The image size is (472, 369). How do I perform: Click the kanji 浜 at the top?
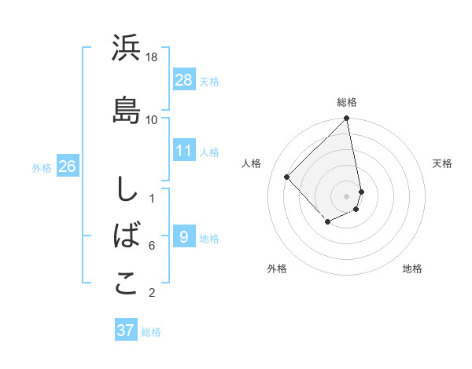coord(126,49)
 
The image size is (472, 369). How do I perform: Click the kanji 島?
coord(126,109)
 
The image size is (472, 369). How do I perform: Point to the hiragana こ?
coord(126,284)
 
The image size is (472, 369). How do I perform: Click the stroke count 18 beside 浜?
coord(153,57)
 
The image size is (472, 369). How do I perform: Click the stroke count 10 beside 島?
coord(153,119)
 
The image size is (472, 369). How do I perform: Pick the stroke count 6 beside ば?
coord(152,246)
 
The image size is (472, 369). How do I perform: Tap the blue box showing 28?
coord(183,79)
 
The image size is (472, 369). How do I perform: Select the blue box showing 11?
coord(183,150)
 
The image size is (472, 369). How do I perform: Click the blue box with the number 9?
coord(183,236)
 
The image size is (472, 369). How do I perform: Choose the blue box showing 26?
coord(67,166)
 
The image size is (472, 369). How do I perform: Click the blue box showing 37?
coord(126,330)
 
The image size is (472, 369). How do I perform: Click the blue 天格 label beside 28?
coord(209,81)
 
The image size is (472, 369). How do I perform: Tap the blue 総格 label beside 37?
coord(151,332)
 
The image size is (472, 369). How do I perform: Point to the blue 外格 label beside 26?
coord(42,168)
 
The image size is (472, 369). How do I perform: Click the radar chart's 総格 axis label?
coord(347,102)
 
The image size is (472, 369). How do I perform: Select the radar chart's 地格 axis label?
coord(412,269)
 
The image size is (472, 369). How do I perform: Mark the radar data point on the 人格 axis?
coord(287,177)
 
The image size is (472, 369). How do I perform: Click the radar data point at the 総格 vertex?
coord(347,119)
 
